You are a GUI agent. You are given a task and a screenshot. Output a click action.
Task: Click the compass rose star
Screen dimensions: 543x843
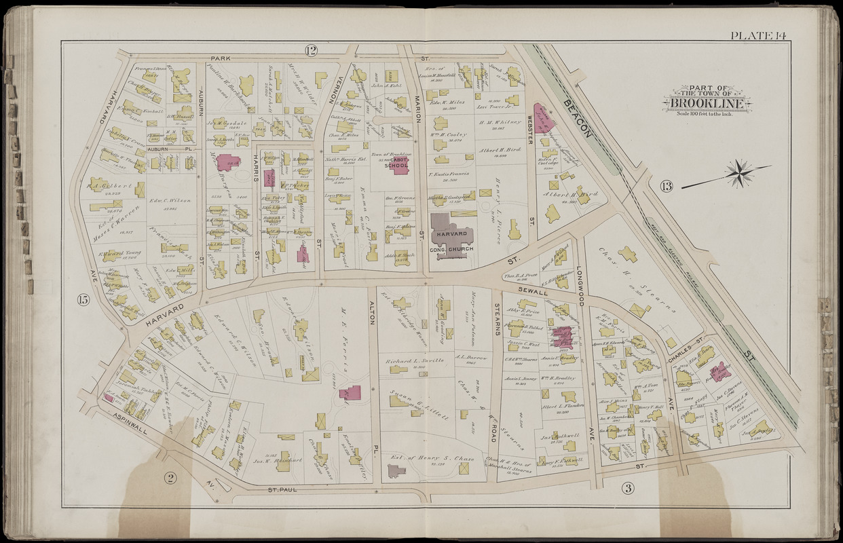coord(739,173)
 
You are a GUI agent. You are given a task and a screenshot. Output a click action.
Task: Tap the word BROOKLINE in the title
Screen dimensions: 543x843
coord(709,103)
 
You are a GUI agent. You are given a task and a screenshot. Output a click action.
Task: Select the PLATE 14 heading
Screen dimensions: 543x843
coord(758,35)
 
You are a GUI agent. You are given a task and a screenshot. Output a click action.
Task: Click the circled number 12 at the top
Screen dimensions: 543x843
coord(311,50)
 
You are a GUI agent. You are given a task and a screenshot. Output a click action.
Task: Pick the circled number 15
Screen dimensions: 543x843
coord(83,301)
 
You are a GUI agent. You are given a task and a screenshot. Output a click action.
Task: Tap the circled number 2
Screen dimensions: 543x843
coord(170,478)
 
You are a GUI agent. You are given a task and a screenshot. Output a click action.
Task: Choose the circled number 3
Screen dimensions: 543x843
coord(627,487)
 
